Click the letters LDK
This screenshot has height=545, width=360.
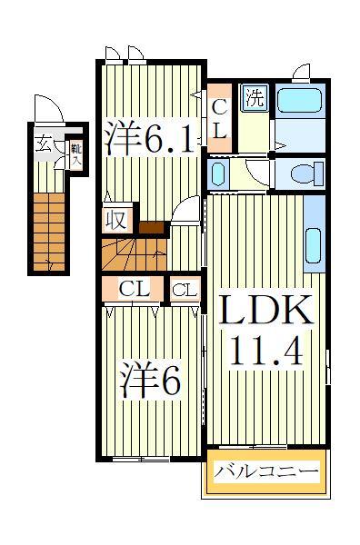[x=267, y=312]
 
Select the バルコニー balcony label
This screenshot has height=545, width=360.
[x=266, y=472]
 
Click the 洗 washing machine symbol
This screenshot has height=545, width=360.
[x=255, y=98]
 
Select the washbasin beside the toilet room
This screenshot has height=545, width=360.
[x=218, y=172]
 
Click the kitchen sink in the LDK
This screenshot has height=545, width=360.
[x=314, y=244]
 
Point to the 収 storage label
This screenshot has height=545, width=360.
[x=117, y=220]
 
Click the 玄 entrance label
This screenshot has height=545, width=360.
[x=43, y=144]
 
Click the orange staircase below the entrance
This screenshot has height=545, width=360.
[x=51, y=232]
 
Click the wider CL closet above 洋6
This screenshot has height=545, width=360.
[x=134, y=291]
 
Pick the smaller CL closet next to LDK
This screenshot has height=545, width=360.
[x=185, y=291]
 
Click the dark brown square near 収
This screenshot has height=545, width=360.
[x=150, y=228]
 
